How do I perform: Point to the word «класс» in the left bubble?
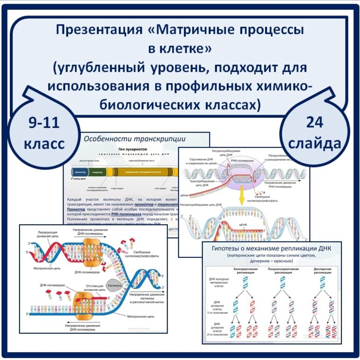click(44, 143)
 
